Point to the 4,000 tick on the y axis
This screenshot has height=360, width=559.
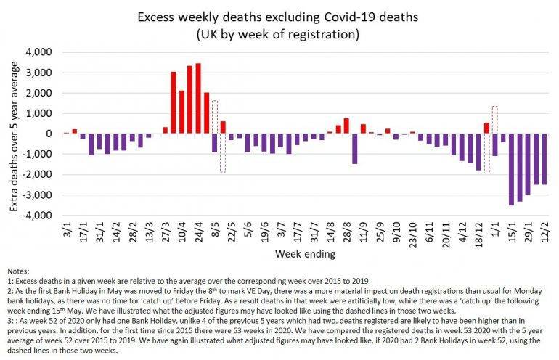click(x=41, y=52)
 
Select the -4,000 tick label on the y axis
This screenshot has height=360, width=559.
click(x=39, y=216)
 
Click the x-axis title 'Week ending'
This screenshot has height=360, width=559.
click(x=304, y=254)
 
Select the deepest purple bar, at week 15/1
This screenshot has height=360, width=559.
click(x=511, y=169)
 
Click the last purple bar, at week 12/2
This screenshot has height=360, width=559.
click(x=544, y=159)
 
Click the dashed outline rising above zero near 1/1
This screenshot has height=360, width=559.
click(x=494, y=120)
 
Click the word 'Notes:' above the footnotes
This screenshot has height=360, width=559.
click(x=19, y=270)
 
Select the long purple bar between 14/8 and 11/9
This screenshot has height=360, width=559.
click(x=354, y=148)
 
